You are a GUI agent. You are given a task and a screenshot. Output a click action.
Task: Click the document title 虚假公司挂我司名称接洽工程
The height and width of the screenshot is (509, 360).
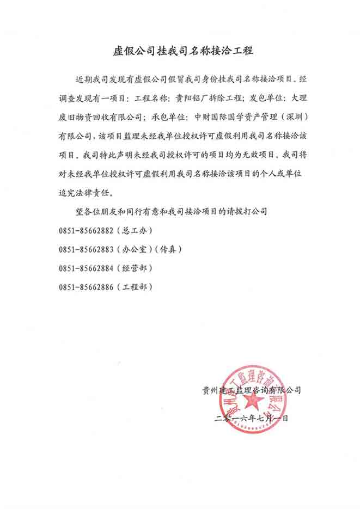coord(180,52)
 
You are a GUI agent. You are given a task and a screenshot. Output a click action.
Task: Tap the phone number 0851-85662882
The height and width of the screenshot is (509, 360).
coord(87,230)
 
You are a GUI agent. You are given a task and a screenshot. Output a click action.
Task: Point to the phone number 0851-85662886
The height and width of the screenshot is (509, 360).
coord(87,286)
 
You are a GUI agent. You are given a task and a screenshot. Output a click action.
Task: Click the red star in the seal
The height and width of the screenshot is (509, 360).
coord(253,402)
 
